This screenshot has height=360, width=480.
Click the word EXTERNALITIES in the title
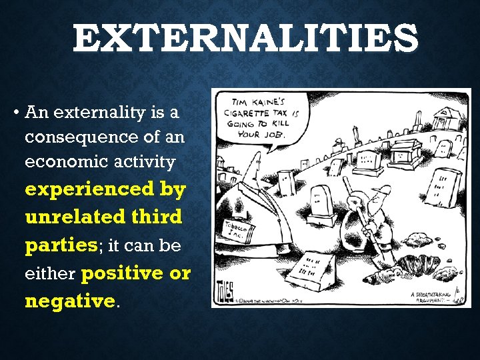[x=245, y=40]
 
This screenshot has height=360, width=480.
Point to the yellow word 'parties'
[x=61, y=246]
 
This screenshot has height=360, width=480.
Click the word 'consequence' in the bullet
[x=82, y=137]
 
